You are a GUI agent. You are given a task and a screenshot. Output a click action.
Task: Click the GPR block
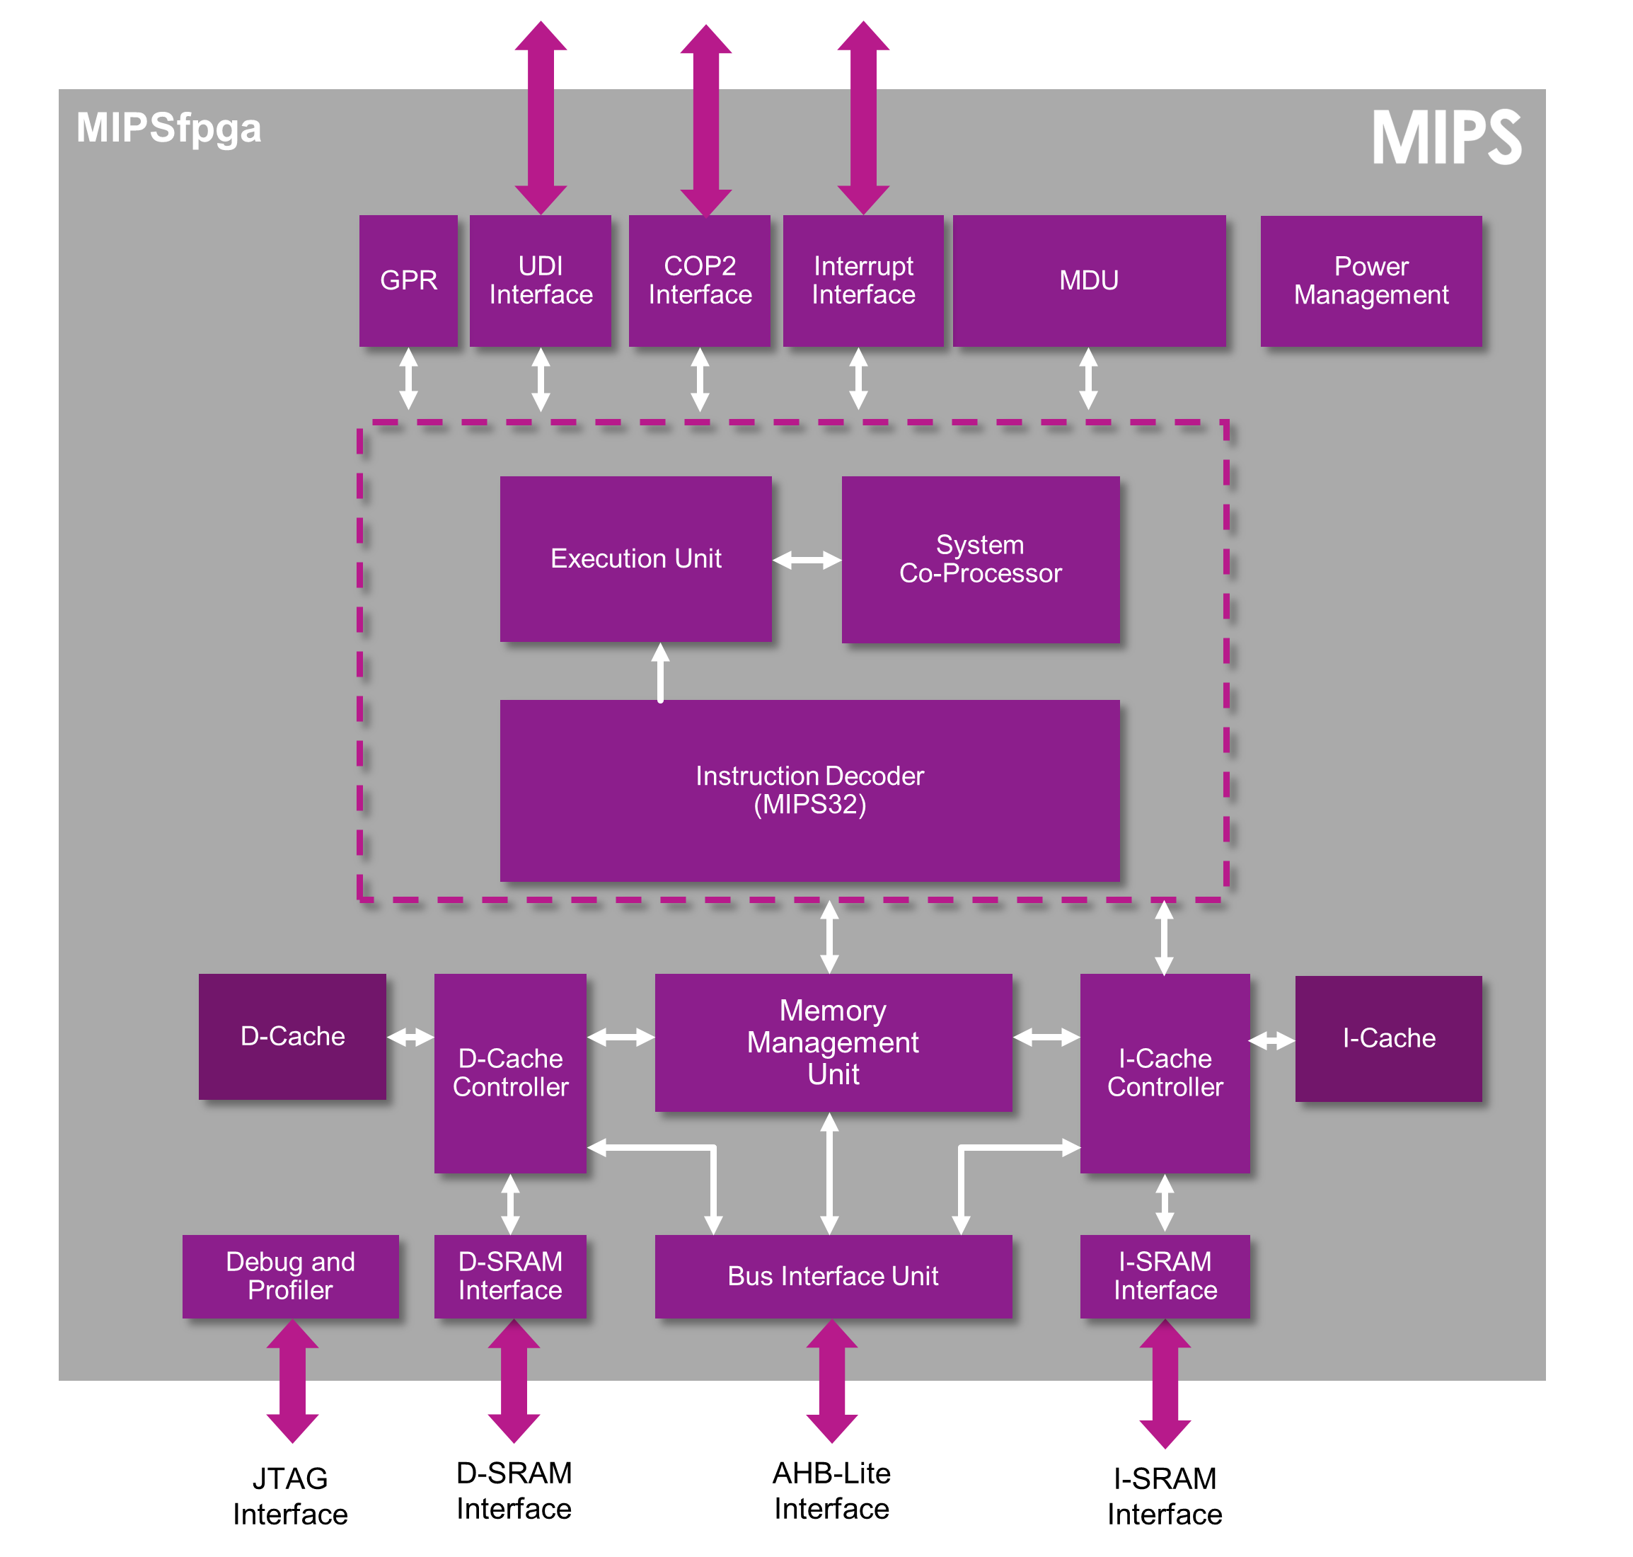(x=408, y=280)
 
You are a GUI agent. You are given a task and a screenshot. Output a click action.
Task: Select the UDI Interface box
(x=540, y=280)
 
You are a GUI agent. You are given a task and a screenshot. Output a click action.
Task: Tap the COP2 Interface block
(x=700, y=280)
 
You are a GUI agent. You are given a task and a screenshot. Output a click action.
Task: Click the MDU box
(x=1089, y=280)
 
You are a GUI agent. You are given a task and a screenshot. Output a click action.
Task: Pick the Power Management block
(x=1371, y=280)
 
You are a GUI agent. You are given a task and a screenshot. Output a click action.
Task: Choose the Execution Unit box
(x=635, y=558)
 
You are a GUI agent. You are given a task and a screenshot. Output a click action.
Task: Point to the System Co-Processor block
(x=980, y=558)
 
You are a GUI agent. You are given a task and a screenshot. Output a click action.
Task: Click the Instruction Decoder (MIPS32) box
(x=809, y=790)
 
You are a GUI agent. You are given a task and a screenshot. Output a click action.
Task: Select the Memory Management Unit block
(x=833, y=1042)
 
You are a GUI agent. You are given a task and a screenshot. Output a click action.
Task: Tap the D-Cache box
(x=292, y=1037)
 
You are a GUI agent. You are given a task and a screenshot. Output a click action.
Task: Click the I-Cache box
(x=1388, y=1038)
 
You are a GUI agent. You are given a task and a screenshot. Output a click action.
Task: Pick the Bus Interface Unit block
(x=833, y=1275)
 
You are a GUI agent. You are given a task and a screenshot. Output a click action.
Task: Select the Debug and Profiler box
(x=290, y=1275)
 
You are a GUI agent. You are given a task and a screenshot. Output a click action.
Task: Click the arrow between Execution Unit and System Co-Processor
(x=807, y=561)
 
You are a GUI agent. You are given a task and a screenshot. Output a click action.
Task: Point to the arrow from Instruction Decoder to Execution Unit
(x=661, y=672)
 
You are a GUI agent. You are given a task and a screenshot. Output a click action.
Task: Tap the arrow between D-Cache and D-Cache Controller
(x=410, y=1037)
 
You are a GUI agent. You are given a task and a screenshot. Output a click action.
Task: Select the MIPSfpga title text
(x=168, y=129)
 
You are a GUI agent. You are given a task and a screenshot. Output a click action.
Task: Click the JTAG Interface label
(x=290, y=1495)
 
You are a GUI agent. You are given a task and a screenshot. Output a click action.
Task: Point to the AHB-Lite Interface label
(x=831, y=1490)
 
